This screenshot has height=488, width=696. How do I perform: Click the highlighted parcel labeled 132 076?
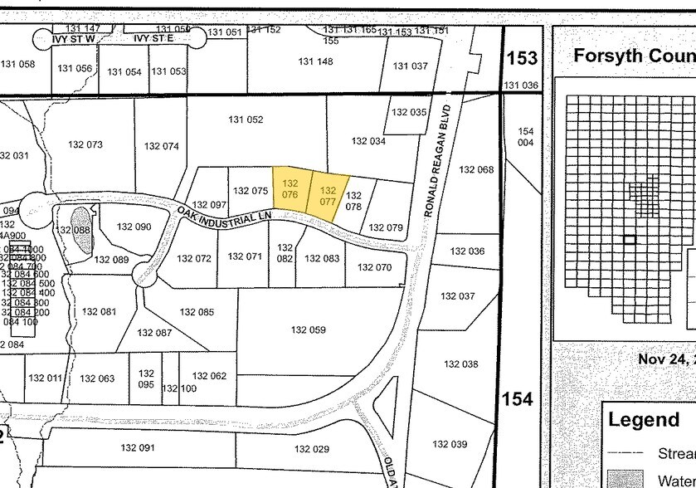(x=290, y=188)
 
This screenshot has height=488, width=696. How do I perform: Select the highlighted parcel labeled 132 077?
(x=328, y=196)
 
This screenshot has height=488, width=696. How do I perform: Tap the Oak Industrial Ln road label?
(x=225, y=215)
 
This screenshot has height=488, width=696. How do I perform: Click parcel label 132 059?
(x=309, y=330)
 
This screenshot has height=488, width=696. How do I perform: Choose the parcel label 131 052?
(x=246, y=120)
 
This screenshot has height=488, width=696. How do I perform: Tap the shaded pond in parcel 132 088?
(x=83, y=238)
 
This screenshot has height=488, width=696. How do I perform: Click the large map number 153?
(x=522, y=58)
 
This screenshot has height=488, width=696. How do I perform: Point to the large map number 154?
(x=517, y=400)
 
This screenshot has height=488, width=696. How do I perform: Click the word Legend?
(x=643, y=420)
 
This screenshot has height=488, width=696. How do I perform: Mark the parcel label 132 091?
(x=138, y=448)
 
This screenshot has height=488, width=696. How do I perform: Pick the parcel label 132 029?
(x=312, y=449)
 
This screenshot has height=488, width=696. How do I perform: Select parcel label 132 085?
(x=197, y=313)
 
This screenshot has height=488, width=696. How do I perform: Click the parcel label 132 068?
(x=476, y=170)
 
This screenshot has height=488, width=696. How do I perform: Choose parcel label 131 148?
(x=315, y=61)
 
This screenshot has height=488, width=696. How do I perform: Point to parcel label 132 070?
(x=374, y=268)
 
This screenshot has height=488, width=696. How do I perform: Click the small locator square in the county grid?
(x=630, y=240)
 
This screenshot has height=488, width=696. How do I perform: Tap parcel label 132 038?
(x=461, y=364)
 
